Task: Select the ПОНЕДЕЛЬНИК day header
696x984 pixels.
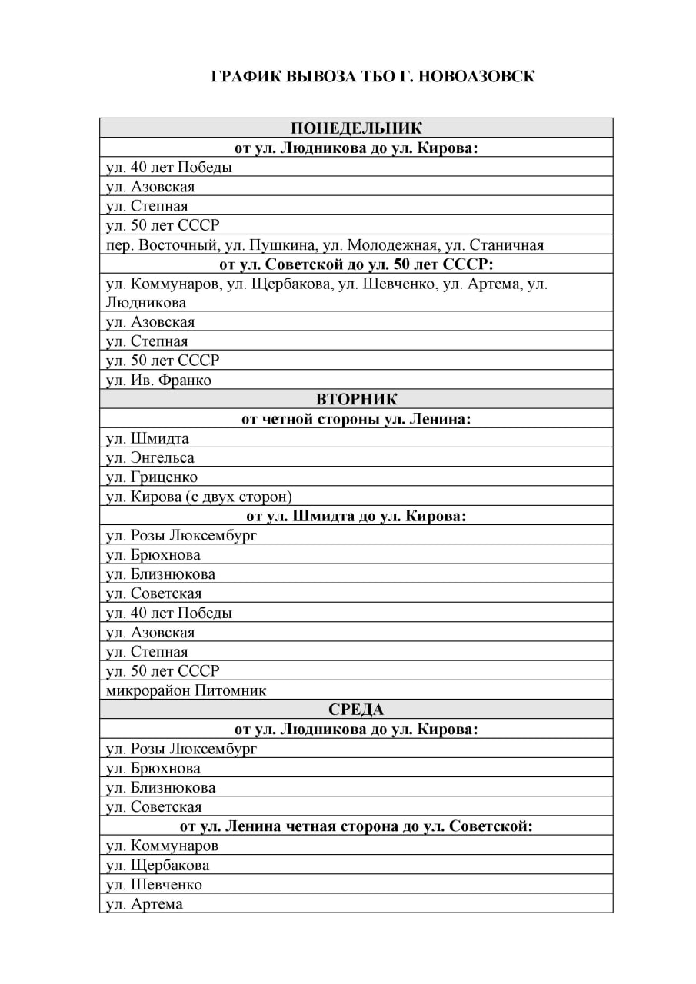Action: pyautogui.click(x=356, y=128)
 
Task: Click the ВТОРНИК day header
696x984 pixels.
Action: pyautogui.click(x=356, y=399)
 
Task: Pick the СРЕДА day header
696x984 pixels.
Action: pyautogui.click(x=356, y=709)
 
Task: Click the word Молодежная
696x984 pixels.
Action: pyautogui.click(x=392, y=245)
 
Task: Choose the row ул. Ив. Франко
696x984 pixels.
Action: pyautogui.click(x=158, y=380)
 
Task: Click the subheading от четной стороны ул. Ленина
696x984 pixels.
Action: pyautogui.click(x=356, y=419)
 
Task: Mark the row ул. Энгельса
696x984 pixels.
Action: pyautogui.click(x=150, y=457)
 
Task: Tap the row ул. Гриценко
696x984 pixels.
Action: pyautogui.click(x=152, y=477)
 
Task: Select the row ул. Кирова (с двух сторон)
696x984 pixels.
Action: pyautogui.click(x=198, y=496)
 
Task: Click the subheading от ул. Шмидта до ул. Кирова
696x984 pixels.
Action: pyautogui.click(x=356, y=515)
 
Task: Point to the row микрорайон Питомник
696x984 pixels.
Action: pyautogui.click(x=186, y=690)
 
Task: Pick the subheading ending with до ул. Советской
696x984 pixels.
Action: pyautogui.click(x=356, y=826)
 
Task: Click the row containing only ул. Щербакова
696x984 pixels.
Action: pyautogui.click(x=158, y=865)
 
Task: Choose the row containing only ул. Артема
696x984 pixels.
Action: pyautogui.click(x=145, y=903)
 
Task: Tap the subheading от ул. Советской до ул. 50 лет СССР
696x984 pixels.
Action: pyautogui.click(x=356, y=264)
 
